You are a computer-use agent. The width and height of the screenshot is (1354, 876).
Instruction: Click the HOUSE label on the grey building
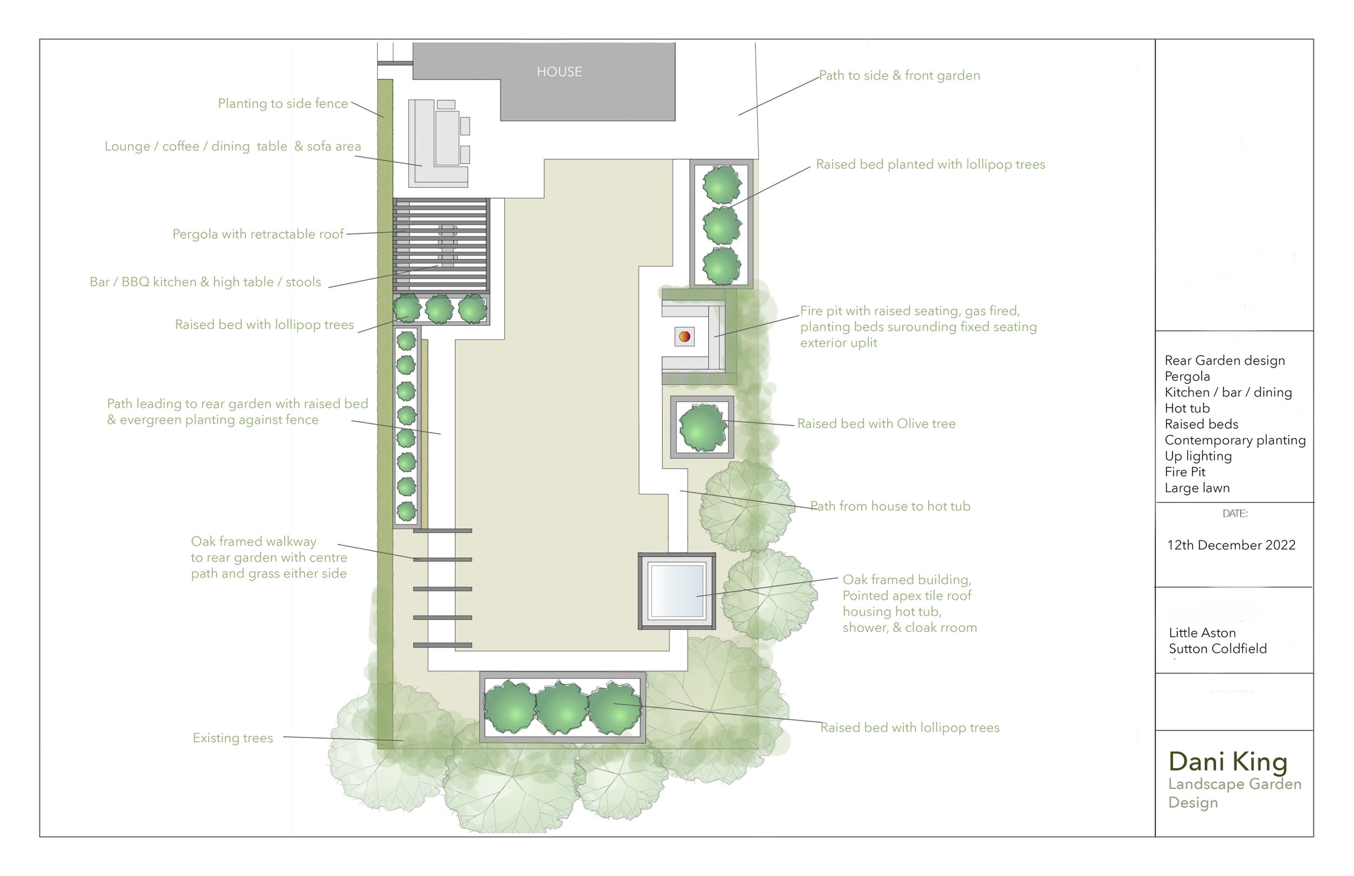(x=559, y=71)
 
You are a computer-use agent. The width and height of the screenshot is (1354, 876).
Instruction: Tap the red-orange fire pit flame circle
(x=685, y=336)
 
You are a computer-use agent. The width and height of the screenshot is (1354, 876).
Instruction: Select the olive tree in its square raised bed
(x=702, y=427)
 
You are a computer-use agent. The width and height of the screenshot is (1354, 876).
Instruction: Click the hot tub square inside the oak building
(x=676, y=591)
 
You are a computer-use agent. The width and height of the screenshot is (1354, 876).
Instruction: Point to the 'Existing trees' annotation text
(x=233, y=738)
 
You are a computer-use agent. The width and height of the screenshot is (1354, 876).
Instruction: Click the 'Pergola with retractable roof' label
(x=258, y=234)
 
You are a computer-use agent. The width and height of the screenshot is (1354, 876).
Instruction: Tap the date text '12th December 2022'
(x=1231, y=545)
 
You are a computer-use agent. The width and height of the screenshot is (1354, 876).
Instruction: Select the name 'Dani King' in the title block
(x=1228, y=762)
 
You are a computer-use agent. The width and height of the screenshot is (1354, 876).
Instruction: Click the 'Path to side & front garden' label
(x=900, y=75)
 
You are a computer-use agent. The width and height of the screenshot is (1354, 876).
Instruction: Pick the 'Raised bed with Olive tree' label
(x=876, y=423)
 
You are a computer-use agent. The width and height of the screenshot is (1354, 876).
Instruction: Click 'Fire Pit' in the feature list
(x=1185, y=472)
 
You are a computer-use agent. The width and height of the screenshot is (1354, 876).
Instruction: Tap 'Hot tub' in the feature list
(x=1187, y=408)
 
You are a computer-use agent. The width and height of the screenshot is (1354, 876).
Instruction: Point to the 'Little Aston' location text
(x=1202, y=632)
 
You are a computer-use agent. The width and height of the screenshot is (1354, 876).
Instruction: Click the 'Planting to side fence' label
(x=283, y=103)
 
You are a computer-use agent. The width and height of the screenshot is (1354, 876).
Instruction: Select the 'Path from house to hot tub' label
(x=890, y=506)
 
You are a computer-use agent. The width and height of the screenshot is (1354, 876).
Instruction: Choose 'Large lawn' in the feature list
(x=1197, y=488)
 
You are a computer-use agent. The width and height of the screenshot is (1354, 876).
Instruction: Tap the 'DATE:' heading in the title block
(x=1235, y=513)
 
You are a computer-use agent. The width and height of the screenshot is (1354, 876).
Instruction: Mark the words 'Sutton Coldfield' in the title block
(x=1218, y=649)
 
